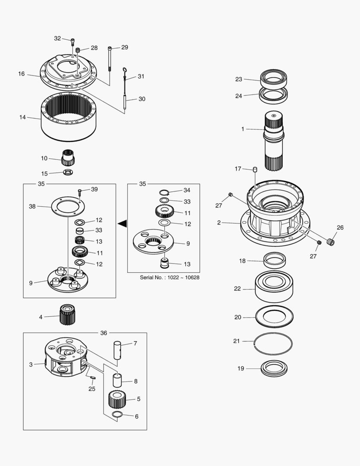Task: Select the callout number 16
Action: coord(21,74)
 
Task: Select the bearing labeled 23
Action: coord(273,79)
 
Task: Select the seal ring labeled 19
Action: coord(274,368)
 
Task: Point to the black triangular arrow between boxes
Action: coord(122,223)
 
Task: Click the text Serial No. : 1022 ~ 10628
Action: coord(169,277)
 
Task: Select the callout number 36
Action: coord(103,333)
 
